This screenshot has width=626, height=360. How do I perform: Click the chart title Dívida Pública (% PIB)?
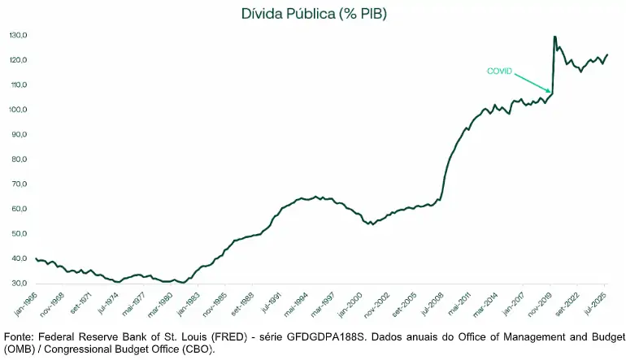click(x=312, y=14)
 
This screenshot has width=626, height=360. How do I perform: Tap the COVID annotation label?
click(x=499, y=72)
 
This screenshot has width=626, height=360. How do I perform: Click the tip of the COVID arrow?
click(x=551, y=92)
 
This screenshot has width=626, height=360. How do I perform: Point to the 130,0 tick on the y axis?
click(x=19, y=36)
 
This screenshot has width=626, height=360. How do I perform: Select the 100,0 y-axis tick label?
click(x=19, y=110)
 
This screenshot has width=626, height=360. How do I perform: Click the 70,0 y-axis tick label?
click(x=19, y=184)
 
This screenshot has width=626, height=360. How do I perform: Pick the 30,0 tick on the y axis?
click(x=19, y=284)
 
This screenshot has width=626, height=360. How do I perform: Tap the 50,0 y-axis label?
click(x=19, y=234)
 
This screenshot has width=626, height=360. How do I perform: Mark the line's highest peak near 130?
click(x=554, y=37)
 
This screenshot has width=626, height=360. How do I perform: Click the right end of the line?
click(x=607, y=54)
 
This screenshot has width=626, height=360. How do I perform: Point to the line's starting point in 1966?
click(x=36, y=258)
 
